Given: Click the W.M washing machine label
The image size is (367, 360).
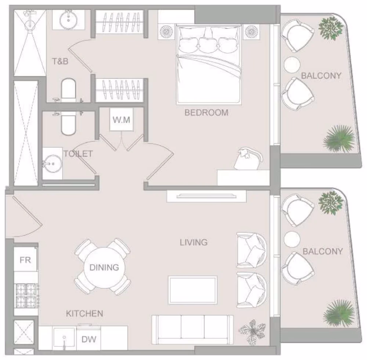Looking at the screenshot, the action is (x=121, y=120).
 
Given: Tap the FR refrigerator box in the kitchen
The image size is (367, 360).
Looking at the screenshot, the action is (x=26, y=260).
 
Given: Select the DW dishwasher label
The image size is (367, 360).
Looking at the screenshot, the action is (x=89, y=339).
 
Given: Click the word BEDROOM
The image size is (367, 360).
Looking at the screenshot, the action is (x=206, y=113).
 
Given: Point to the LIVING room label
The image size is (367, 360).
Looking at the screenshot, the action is (x=193, y=242).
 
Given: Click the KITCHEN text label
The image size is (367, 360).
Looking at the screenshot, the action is (x=84, y=313).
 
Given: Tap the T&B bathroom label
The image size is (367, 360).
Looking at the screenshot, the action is (x=60, y=62).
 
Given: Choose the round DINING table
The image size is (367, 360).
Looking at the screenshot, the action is (x=104, y=267).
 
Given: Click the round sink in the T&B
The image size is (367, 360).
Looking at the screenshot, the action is (x=69, y=20).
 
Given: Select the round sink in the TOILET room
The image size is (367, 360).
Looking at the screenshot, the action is (x=53, y=164).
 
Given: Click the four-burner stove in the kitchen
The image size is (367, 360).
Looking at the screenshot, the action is (x=26, y=295).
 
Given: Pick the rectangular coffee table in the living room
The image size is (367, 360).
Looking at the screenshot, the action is (x=193, y=290).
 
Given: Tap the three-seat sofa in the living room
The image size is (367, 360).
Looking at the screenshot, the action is (x=192, y=330).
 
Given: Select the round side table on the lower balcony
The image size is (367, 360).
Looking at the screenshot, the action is (x=292, y=239).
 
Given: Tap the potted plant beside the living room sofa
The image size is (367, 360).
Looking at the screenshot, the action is (x=252, y=332).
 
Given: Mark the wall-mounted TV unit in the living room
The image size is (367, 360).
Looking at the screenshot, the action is (x=206, y=196).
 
